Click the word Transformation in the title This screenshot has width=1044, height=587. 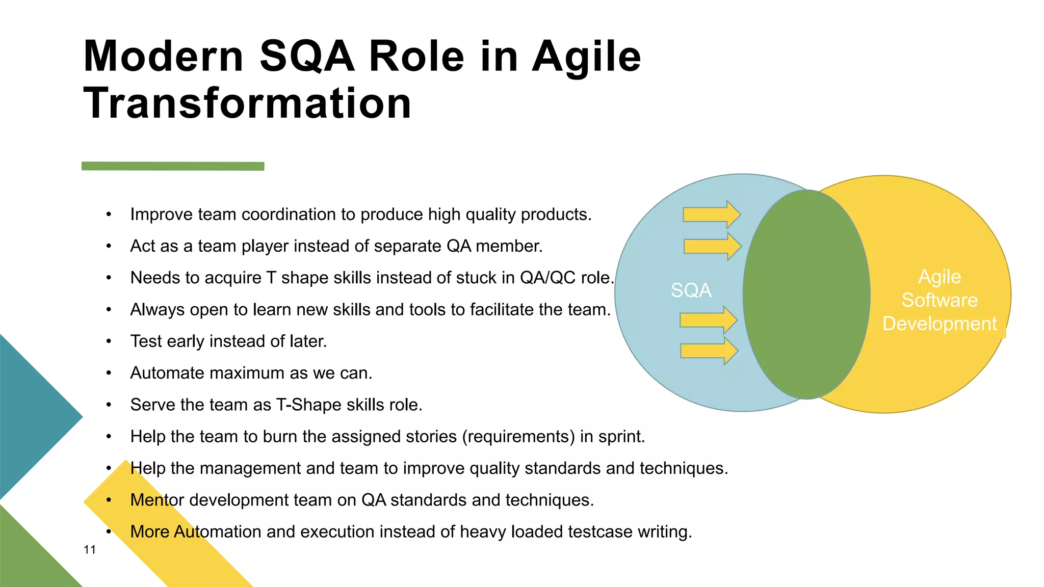click(247, 103)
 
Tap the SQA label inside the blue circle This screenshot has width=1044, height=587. click(691, 290)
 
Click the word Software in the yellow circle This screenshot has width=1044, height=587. click(939, 300)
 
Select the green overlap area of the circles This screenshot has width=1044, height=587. click(806, 295)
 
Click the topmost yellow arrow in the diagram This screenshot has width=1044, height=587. click(711, 215)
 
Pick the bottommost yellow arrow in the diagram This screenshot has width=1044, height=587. click(709, 351)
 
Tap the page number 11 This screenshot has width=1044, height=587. click(90, 550)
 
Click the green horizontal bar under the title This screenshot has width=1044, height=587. click(173, 166)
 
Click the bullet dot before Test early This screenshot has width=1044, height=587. click(109, 341)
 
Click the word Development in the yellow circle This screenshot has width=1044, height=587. click(939, 324)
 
